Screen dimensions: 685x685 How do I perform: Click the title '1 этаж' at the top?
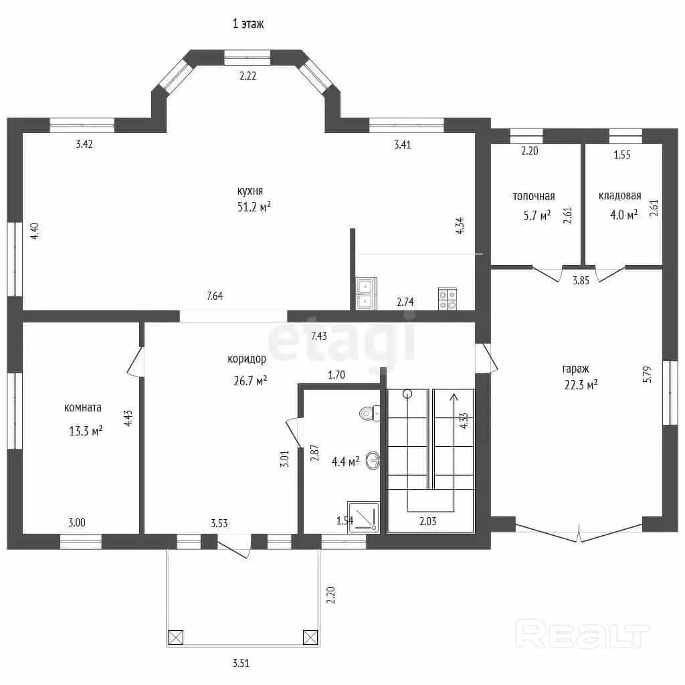[x=248, y=23]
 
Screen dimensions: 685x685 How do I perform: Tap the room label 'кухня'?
[x=250, y=191]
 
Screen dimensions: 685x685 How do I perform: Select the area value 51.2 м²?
[x=254, y=206]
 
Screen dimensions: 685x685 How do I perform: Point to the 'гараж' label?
[x=575, y=369]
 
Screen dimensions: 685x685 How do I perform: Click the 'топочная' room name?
[x=533, y=196]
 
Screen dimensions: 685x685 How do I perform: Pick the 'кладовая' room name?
[x=619, y=196]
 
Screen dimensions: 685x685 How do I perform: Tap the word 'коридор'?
[x=247, y=359]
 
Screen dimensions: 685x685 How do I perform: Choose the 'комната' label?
[x=82, y=407]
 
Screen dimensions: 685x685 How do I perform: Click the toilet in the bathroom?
[x=369, y=413]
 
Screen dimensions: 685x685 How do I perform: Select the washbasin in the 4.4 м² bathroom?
[x=373, y=460]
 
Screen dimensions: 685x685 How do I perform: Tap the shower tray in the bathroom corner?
[x=363, y=517]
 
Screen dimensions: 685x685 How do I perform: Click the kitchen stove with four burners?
[x=448, y=299]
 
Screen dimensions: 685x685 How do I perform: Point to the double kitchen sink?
[x=366, y=294]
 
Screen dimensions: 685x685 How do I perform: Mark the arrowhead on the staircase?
[x=454, y=396]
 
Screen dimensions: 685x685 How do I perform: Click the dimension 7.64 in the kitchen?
[x=215, y=296]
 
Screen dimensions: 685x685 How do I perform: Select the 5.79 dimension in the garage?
[x=647, y=375]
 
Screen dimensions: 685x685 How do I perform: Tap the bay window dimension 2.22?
[x=248, y=76]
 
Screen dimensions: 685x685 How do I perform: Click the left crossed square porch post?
[x=176, y=638]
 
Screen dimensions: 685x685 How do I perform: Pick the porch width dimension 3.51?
[x=241, y=663]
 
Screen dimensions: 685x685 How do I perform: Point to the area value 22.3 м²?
[x=581, y=385]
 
